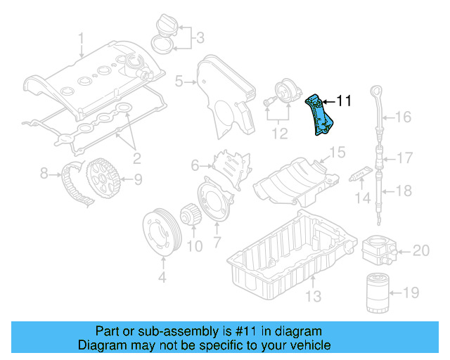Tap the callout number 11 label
tap(343, 101)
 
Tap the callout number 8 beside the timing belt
tap(44, 172)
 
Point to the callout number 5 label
tap(179, 82)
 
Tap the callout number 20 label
tap(420, 250)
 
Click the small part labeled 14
tap(361, 172)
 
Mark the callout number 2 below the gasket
tap(136, 157)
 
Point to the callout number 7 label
tap(217, 243)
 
